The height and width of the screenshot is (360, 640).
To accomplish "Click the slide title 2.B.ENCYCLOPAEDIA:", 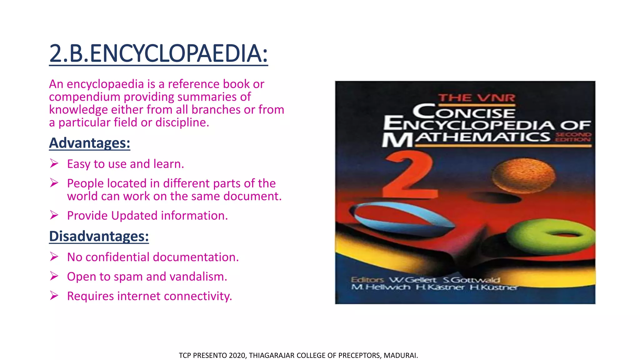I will pyautogui.click(x=158, y=53).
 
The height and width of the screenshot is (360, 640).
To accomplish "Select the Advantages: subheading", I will pyautogui.click(x=89, y=143).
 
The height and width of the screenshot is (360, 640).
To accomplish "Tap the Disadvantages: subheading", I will pyautogui.click(x=99, y=236).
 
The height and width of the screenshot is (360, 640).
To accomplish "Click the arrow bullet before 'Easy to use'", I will pyautogui.click(x=54, y=163).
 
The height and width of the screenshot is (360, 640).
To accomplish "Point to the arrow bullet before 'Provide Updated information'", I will pyautogui.click(x=54, y=215).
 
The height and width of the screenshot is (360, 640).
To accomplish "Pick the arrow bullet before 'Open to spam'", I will pyautogui.click(x=54, y=276).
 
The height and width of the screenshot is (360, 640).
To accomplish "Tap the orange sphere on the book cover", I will pyautogui.click(x=523, y=175).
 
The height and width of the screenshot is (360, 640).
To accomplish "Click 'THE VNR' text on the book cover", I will pyautogui.click(x=476, y=98).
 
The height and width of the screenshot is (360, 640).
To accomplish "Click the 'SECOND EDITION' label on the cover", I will pyautogui.click(x=573, y=137).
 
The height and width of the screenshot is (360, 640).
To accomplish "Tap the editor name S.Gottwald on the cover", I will pyautogui.click(x=471, y=280).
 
